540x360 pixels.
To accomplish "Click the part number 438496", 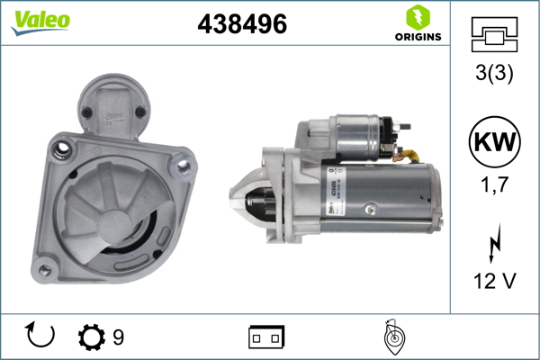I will coord(241,25).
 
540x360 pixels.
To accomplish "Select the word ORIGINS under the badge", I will coord(418,38).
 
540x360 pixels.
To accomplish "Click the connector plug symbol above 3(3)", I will coord(492,37).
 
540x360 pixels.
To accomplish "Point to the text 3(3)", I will coord(492,76).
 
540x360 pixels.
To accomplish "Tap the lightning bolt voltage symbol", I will coord(492,243).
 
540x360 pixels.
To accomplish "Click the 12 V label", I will coord(492,282).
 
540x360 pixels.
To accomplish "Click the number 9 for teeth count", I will coord(119,337).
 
